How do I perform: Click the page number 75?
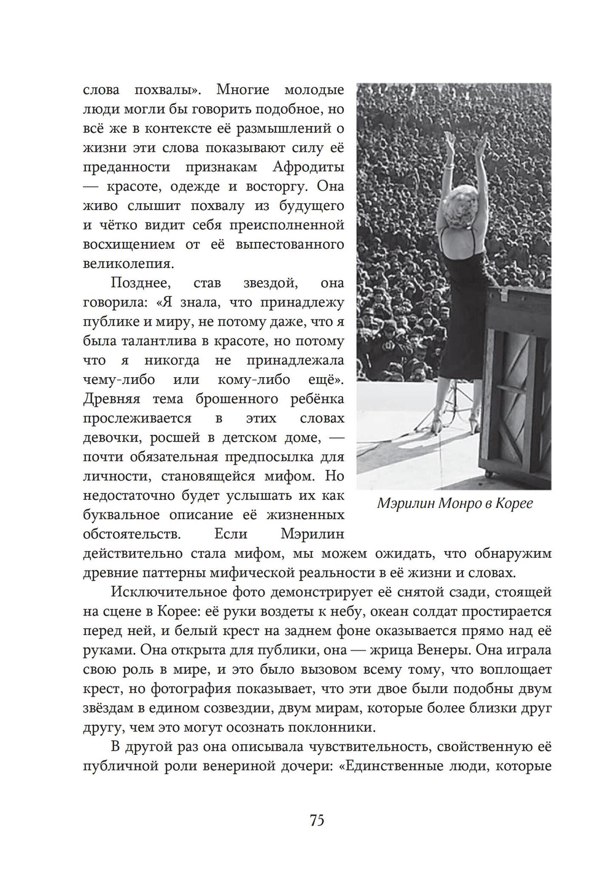(317, 820)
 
